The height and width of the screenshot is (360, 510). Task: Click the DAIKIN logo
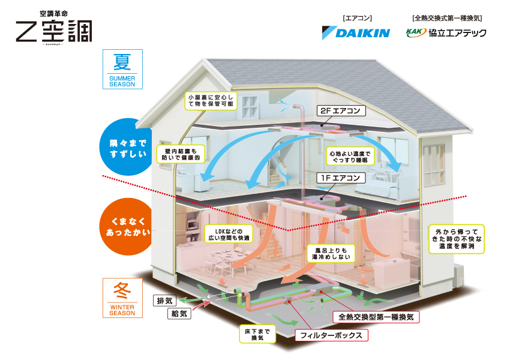pyautogui.click(x=356, y=32)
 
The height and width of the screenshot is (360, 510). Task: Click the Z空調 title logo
pyautogui.click(x=54, y=29)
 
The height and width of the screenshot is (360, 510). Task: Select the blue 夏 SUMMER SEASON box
pyautogui.click(x=122, y=68)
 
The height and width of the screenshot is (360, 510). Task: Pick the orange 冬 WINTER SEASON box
pyautogui.click(x=122, y=298)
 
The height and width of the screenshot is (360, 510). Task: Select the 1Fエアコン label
pyautogui.click(x=340, y=178)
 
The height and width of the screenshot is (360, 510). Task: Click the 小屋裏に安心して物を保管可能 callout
pyautogui.click(x=212, y=100)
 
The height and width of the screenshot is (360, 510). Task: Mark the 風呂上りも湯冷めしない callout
pyautogui.click(x=331, y=253)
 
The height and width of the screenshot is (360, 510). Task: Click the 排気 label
pyautogui.click(x=164, y=300)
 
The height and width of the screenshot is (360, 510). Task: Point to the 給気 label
pyautogui.click(x=179, y=313)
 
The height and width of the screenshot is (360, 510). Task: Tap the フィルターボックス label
pyautogui.click(x=331, y=335)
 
